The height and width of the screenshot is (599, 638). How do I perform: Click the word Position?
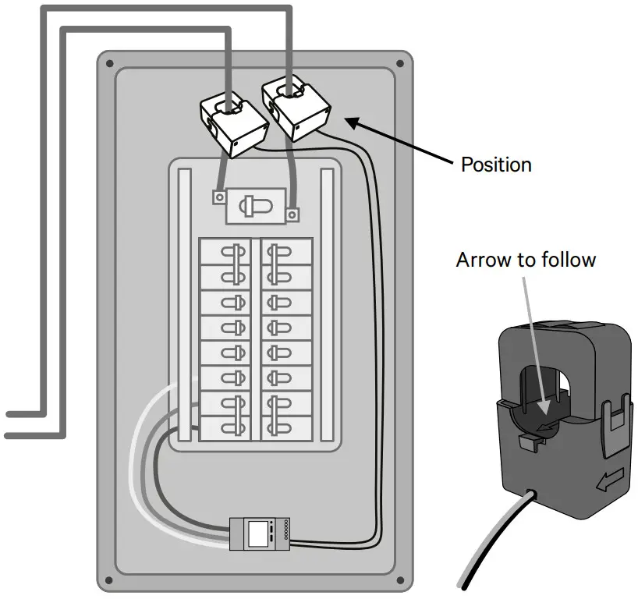[496, 165]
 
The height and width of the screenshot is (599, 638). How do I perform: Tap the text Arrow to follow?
[526, 259]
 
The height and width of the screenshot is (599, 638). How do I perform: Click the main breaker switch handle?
[253, 206]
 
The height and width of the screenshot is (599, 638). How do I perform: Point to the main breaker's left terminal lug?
[217, 197]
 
